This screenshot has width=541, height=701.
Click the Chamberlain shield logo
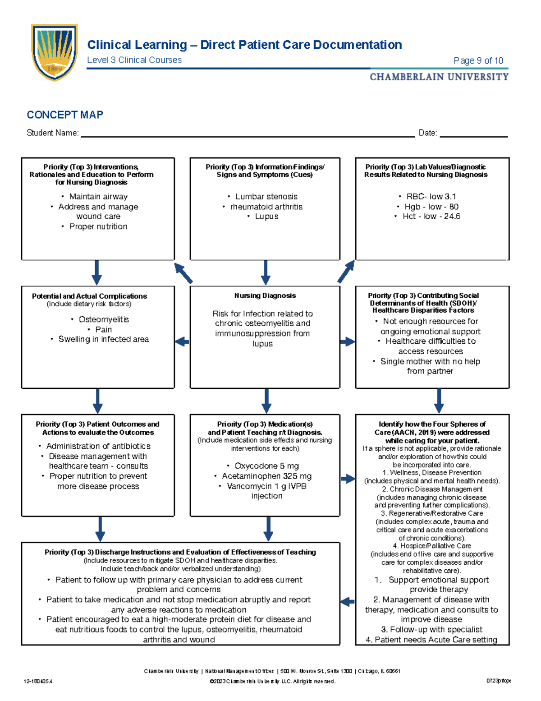pos(55,52)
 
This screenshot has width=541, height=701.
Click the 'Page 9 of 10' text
pos(478,60)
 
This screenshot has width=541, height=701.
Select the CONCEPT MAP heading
pos(65,115)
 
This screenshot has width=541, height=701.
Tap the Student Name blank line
pos(247,135)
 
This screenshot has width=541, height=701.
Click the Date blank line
pos(473,135)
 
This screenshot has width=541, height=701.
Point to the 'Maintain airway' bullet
pos(98,197)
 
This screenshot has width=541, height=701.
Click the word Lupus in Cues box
pos(266,217)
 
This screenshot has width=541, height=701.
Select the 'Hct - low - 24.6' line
pos(431,217)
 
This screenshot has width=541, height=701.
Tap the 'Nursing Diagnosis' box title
pos(265,295)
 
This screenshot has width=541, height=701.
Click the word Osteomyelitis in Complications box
pos(104,319)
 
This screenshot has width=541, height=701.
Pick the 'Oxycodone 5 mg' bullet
pos(266,466)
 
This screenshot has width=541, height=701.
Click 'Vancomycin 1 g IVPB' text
pos(266,486)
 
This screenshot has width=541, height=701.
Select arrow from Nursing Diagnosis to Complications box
pos(182,341)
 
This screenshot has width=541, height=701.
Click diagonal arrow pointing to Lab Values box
pos(346,272)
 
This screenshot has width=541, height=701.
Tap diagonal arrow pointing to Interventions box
pos(183,273)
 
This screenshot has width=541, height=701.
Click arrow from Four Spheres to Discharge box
pos(347,602)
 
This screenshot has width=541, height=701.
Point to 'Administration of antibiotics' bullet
pos(98,446)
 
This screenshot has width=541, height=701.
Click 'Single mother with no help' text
pos(430,361)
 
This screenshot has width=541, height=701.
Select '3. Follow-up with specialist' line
pos(431,629)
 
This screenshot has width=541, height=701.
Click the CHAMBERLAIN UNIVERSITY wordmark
pos(439,77)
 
